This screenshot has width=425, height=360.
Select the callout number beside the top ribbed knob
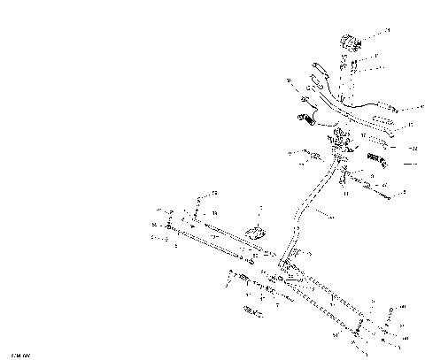coord(387,30)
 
